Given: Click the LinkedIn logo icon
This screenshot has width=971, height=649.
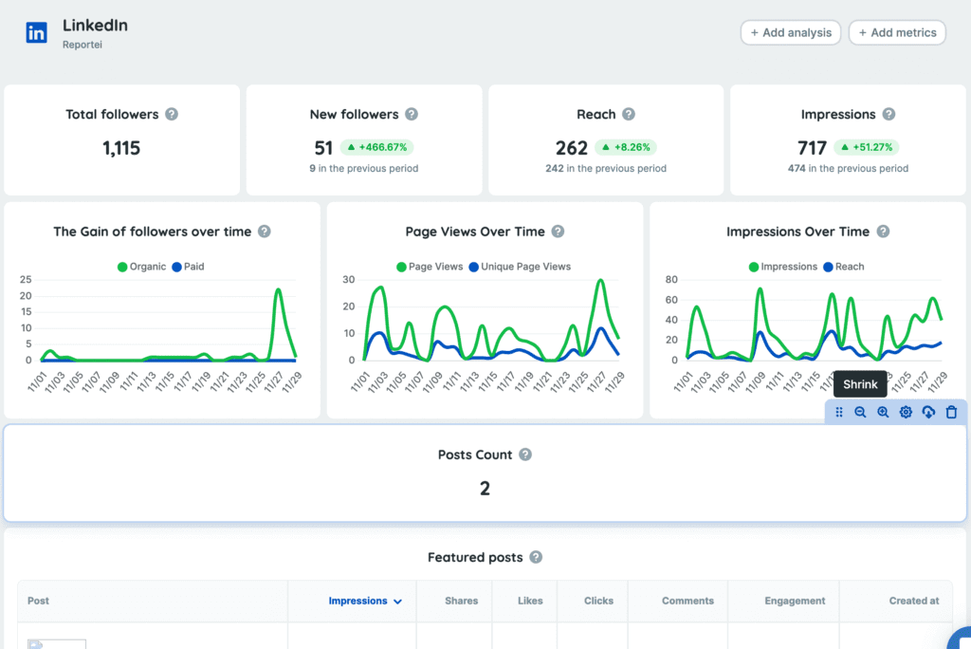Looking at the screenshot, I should pyautogui.click(x=37, y=32).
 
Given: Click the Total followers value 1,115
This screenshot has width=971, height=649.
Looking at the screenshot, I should pyautogui.click(x=121, y=148).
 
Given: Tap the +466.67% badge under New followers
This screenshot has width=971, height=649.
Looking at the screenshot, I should pyautogui.click(x=377, y=148).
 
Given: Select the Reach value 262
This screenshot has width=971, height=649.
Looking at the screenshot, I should pyautogui.click(x=572, y=148).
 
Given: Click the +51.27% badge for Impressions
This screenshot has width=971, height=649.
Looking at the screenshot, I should pyautogui.click(x=866, y=148).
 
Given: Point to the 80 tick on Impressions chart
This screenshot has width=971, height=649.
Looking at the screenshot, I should pyautogui.click(x=670, y=280).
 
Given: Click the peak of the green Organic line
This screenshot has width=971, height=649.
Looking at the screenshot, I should pyautogui.click(x=278, y=290).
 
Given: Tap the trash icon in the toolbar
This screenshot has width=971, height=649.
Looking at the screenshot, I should pyautogui.click(x=951, y=412).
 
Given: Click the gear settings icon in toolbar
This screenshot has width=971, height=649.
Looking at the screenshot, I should pyautogui.click(x=906, y=412).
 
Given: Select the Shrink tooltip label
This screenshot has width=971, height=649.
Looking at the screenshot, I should pyautogui.click(x=861, y=384).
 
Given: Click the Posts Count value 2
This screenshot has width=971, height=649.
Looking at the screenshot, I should pyautogui.click(x=485, y=489).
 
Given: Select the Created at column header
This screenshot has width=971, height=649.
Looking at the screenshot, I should pyautogui.click(x=914, y=601).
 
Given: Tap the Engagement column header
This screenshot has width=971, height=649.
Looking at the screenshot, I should pyautogui.click(x=795, y=601).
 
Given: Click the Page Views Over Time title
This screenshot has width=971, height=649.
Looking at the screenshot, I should pyautogui.click(x=475, y=232).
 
